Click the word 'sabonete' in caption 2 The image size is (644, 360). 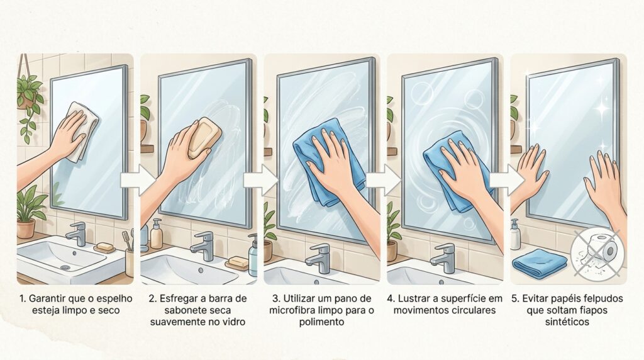tap(169, 310)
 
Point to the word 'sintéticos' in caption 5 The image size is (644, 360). tap(567, 322)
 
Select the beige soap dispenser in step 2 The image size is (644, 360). tap(156, 234)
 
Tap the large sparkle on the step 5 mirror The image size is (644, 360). tap(603, 108)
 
